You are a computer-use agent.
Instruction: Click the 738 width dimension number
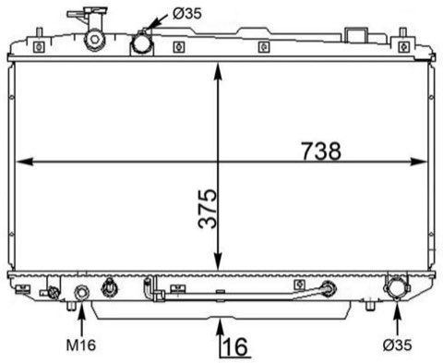coord(321,151)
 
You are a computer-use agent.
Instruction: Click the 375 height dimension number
coord(208,209)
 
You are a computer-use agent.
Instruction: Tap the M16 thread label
coord(81,345)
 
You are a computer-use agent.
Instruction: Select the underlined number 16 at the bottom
coord(235,347)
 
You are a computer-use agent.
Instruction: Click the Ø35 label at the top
coord(187,14)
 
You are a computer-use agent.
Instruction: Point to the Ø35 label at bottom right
coord(397,345)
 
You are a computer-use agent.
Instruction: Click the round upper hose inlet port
coord(142,44)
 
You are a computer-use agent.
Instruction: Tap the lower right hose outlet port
coord(396,287)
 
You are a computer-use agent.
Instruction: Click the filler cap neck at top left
coord(95,39)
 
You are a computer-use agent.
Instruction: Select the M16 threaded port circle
coord(82,292)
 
